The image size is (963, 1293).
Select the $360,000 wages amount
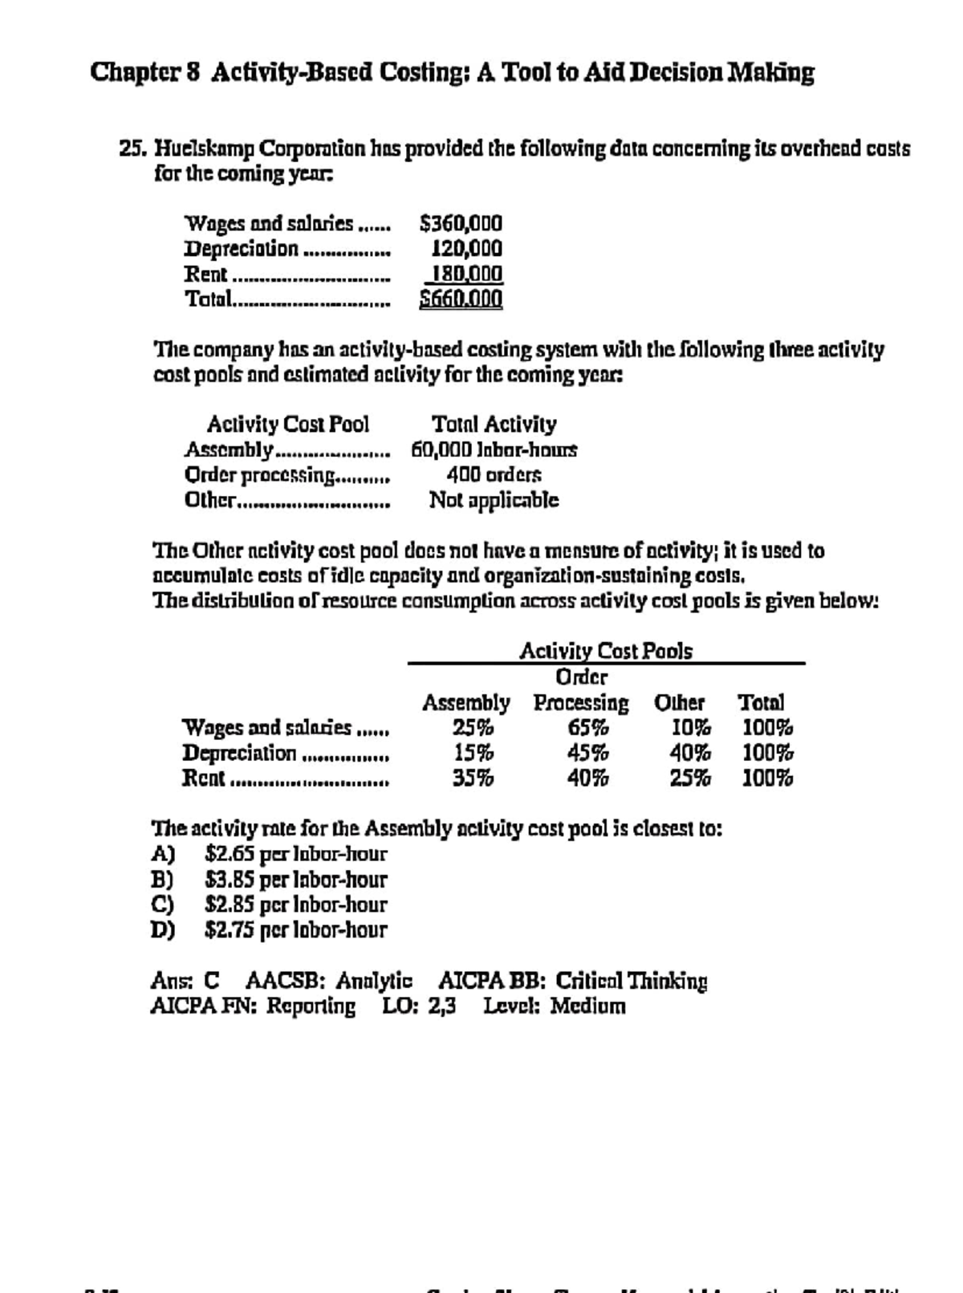coord(461,222)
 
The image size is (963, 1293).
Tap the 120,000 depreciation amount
coord(467,248)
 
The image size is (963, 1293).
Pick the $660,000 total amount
coord(461,299)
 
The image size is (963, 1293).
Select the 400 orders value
coord(494,474)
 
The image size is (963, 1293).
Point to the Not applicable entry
coord(494,500)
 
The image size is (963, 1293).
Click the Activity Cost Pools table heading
coord(606,651)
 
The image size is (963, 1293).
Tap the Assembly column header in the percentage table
coord(465,703)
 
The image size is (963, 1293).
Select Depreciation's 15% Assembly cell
coord(473,753)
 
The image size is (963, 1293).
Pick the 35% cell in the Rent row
coord(473,778)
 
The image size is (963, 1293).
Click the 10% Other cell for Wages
coord(691,728)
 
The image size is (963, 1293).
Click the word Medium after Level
coord(587,1006)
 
